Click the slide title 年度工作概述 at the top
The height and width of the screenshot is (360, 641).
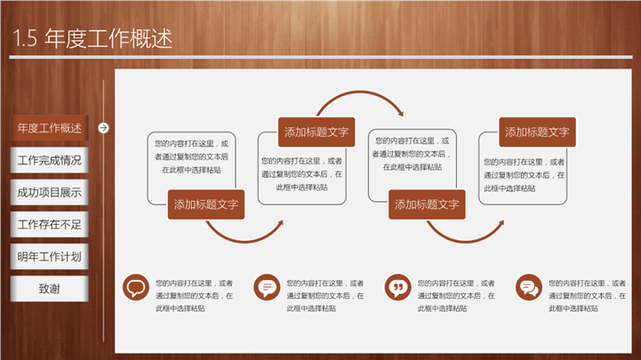(108, 38)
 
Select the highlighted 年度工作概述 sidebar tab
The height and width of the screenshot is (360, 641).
(50, 128)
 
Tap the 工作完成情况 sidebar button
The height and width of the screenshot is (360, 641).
(50, 160)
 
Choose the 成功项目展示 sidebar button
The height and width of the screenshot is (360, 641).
(50, 192)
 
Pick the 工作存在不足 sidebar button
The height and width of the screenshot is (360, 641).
(50, 224)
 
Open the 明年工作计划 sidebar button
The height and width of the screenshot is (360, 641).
(50, 257)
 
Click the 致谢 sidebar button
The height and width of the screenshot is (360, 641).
(50, 289)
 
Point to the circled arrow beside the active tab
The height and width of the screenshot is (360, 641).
(103, 128)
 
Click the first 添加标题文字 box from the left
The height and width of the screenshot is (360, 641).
(206, 204)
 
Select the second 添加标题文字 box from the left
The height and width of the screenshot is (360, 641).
(316, 132)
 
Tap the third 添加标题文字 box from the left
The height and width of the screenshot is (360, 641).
(427, 204)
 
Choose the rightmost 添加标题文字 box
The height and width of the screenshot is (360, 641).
(537, 132)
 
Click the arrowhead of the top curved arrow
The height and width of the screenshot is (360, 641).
(401, 113)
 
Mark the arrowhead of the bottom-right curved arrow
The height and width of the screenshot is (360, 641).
(501, 223)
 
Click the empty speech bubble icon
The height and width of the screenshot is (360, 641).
(136, 287)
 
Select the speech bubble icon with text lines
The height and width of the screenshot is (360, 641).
(267, 287)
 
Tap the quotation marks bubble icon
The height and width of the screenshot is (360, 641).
(397, 287)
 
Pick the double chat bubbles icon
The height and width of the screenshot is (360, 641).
(529, 287)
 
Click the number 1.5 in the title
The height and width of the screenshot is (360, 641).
(25, 38)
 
